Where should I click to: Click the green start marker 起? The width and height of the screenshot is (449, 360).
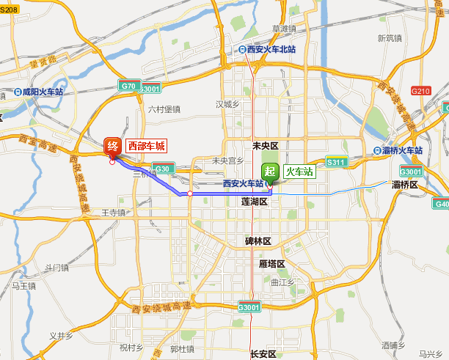(x=271, y=172)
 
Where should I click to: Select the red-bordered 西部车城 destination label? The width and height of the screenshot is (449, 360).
(x=147, y=146)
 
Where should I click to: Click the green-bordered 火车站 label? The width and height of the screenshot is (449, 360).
(x=299, y=172)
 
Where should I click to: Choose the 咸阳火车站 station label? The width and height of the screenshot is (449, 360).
(x=43, y=92)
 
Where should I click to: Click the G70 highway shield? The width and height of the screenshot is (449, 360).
(x=128, y=86)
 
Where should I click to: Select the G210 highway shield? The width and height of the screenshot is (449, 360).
(x=420, y=91)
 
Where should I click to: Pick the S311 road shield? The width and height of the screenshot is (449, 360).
(x=336, y=162)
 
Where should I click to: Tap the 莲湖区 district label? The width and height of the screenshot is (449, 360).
(x=255, y=201)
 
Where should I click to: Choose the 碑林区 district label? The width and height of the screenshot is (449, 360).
(x=258, y=240)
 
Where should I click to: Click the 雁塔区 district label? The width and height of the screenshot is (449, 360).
(x=271, y=264)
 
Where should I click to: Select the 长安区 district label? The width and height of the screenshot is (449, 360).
(x=262, y=353)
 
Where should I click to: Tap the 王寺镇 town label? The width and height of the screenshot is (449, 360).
(x=114, y=213)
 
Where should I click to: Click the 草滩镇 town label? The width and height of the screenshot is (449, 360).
(x=284, y=29)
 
